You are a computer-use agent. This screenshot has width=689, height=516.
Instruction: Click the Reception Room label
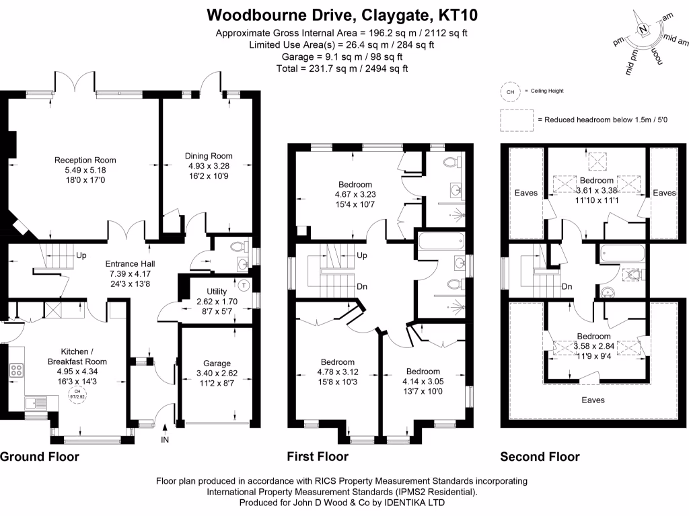click(x=85, y=160)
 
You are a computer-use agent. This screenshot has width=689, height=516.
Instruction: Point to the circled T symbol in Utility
click(x=244, y=285)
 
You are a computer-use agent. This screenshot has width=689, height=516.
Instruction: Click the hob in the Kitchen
click(x=16, y=370)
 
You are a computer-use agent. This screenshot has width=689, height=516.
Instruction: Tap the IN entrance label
click(x=165, y=440)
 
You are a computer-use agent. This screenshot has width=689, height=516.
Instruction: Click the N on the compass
click(x=643, y=29)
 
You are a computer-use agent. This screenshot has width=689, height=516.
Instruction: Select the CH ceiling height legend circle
click(x=509, y=91)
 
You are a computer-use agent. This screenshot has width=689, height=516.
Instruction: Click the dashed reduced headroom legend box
click(x=515, y=119)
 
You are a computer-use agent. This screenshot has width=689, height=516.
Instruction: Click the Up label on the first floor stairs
click(x=361, y=256)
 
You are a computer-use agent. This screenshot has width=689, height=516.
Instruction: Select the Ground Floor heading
click(x=39, y=457)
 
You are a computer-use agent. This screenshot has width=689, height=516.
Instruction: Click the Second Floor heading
click(x=540, y=457)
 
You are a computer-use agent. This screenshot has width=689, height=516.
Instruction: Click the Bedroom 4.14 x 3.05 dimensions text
click(x=422, y=381)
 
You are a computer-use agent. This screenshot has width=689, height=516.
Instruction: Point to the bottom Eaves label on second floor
click(x=593, y=400)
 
